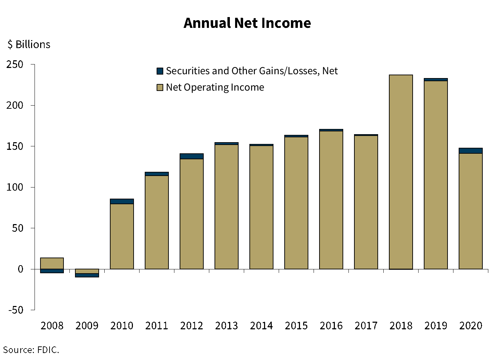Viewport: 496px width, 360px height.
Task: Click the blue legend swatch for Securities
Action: pyautogui.click(x=160, y=71)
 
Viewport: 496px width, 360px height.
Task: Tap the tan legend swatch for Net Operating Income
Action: pyautogui.click(x=160, y=87)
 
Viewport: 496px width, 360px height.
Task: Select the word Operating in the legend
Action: pyautogui.click(x=206, y=87)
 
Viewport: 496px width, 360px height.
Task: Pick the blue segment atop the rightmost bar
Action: pyautogui.click(x=471, y=151)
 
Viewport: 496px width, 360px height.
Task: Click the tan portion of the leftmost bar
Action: pyautogui.click(x=52, y=263)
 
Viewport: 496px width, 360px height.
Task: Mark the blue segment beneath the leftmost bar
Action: pyautogui.click(x=52, y=271)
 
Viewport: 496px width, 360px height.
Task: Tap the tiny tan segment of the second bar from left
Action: pyautogui.click(x=87, y=271)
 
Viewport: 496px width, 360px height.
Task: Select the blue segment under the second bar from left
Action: pyautogui.click(x=87, y=275)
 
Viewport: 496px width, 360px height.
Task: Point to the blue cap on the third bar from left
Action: pyautogui.click(x=122, y=201)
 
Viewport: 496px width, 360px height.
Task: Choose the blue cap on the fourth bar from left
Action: pyautogui.click(x=157, y=174)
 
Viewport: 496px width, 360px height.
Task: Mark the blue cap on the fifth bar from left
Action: pyautogui.click(x=191, y=156)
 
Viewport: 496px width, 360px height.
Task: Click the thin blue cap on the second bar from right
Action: pyautogui.click(x=436, y=80)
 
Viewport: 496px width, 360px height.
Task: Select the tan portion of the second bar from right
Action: pyautogui.click(x=436, y=175)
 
